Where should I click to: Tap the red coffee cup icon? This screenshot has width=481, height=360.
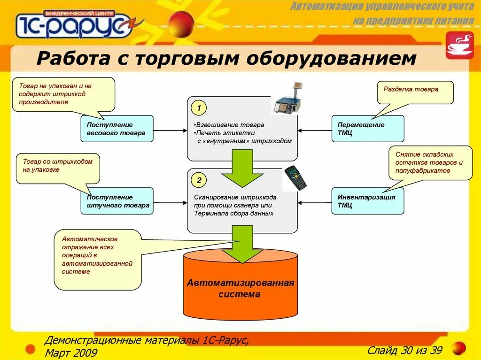click(459, 46)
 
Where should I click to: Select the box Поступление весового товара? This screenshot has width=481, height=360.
click(116, 129)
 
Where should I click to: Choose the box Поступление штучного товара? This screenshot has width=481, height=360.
click(116, 201)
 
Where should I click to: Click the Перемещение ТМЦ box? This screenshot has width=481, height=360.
click(367, 129)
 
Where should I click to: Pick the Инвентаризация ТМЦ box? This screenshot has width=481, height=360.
click(367, 201)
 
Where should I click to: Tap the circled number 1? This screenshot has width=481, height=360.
click(199, 108)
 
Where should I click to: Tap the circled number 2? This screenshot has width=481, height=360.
click(199, 180)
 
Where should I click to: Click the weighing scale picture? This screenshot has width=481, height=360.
click(287, 100)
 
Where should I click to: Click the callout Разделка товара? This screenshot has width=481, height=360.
click(415, 92)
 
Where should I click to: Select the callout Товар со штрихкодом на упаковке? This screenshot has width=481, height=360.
click(58, 168)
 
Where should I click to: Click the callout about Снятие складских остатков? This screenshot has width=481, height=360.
click(430, 163)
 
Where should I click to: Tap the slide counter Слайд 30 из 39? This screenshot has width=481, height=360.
click(405, 350)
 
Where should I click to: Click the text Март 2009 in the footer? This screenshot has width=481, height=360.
click(71, 352)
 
